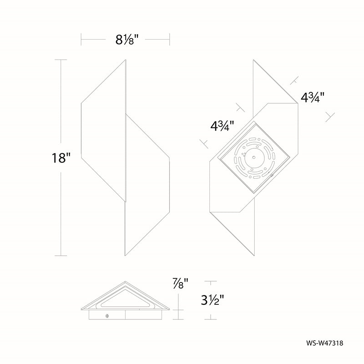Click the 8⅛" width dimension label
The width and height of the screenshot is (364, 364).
tap(127, 40)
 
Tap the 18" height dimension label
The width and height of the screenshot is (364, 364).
tap(61, 158)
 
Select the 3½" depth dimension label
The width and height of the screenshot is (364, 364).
tap(212, 300)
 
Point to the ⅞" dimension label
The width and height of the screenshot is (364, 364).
tap(180, 283)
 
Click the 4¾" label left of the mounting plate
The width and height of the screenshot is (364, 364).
tap(222, 126)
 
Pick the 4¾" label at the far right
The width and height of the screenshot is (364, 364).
tap(313, 97)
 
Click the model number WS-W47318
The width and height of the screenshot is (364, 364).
tap(324, 343)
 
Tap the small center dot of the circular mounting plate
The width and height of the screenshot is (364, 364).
tap(254, 157)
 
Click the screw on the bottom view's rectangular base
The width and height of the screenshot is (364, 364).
tap(107, 315)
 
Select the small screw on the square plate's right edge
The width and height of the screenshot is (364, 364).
tap(271, 175)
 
